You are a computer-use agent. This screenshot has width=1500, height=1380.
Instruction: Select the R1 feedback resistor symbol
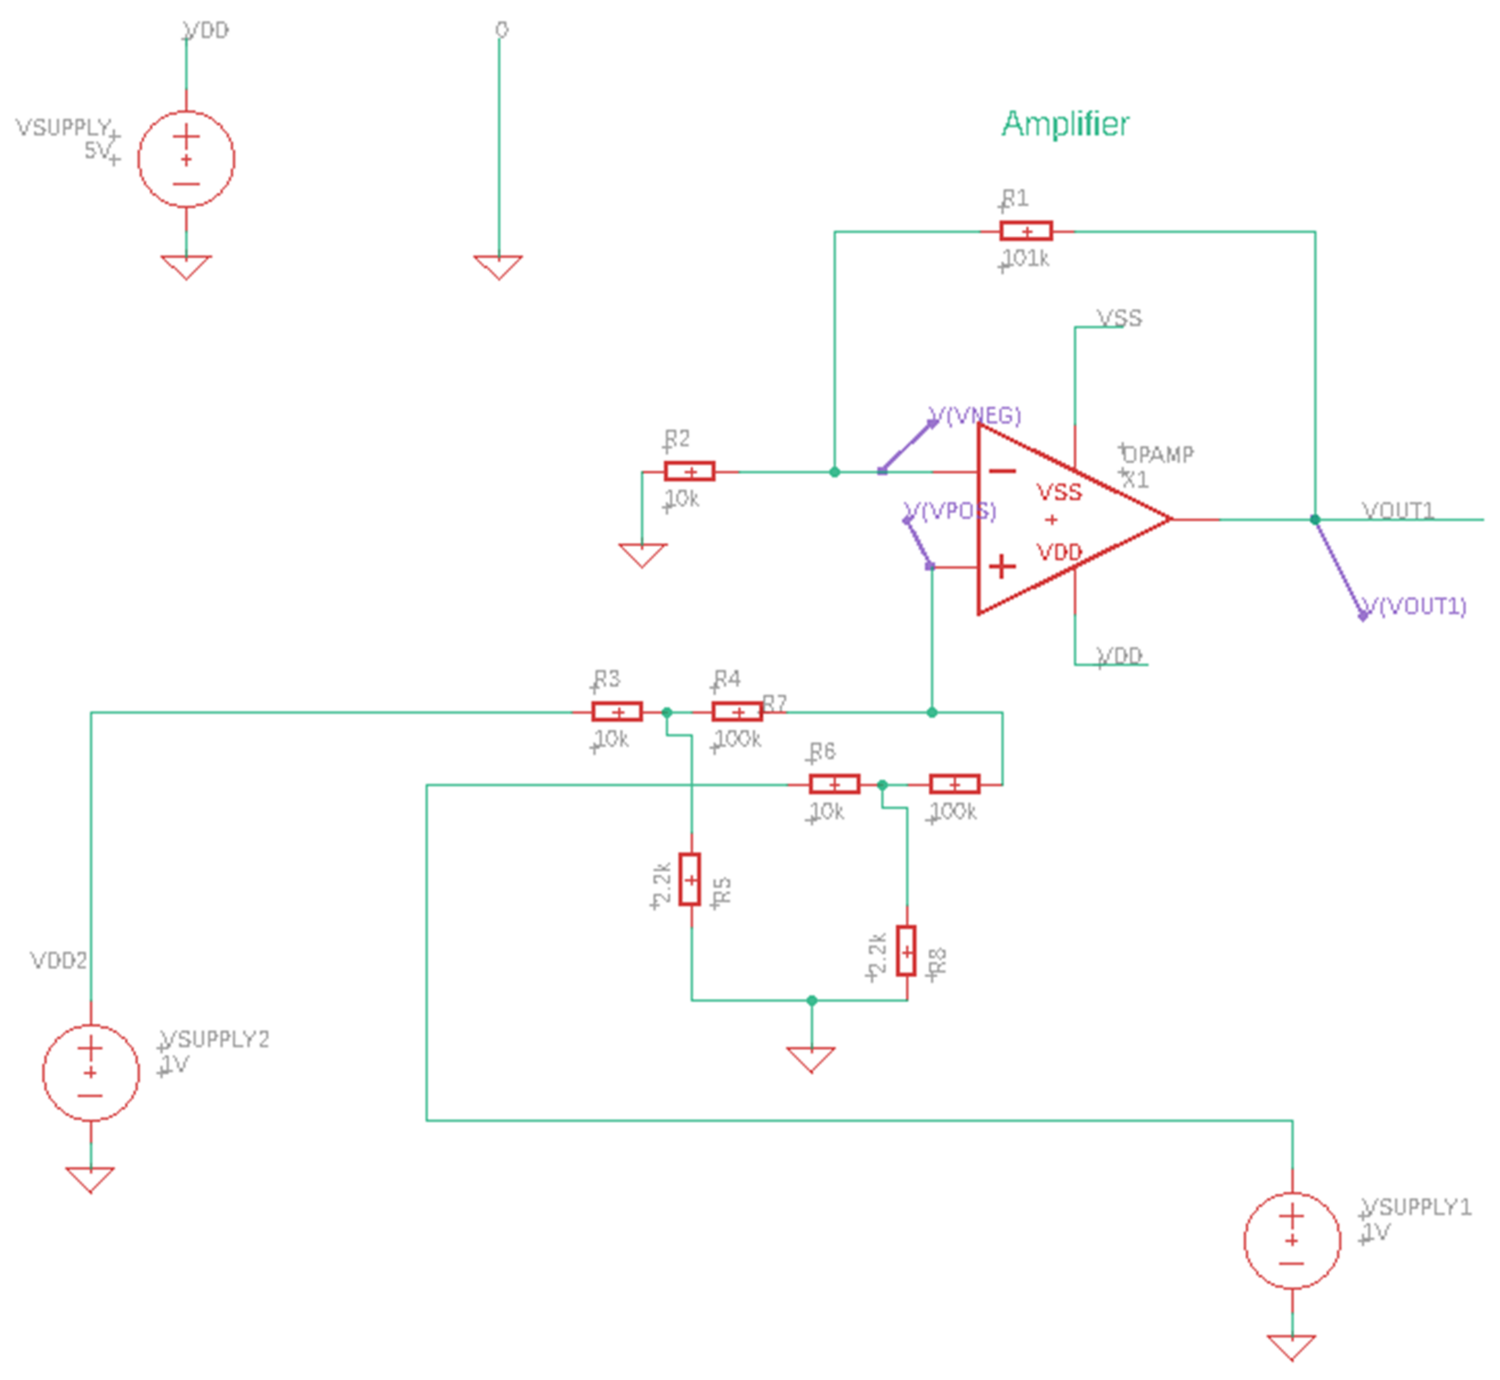pos(1026,232)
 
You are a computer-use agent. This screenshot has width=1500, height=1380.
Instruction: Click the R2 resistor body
pos(689,472)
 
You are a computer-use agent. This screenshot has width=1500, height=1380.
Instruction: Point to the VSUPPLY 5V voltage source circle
pos(186,159)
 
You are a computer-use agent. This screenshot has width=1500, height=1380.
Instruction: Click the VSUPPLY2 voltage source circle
pos(90,1072)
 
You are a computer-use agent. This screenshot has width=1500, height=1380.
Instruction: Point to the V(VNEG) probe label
pos(975,415)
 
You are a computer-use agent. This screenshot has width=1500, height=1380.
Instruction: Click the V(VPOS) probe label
pos(950,511)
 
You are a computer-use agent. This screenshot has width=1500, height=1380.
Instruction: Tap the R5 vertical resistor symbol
pos(691,880)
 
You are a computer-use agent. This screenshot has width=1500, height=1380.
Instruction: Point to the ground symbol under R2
pos(642,555)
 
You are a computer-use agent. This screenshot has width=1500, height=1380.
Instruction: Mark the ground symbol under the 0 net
pos(498,266)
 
